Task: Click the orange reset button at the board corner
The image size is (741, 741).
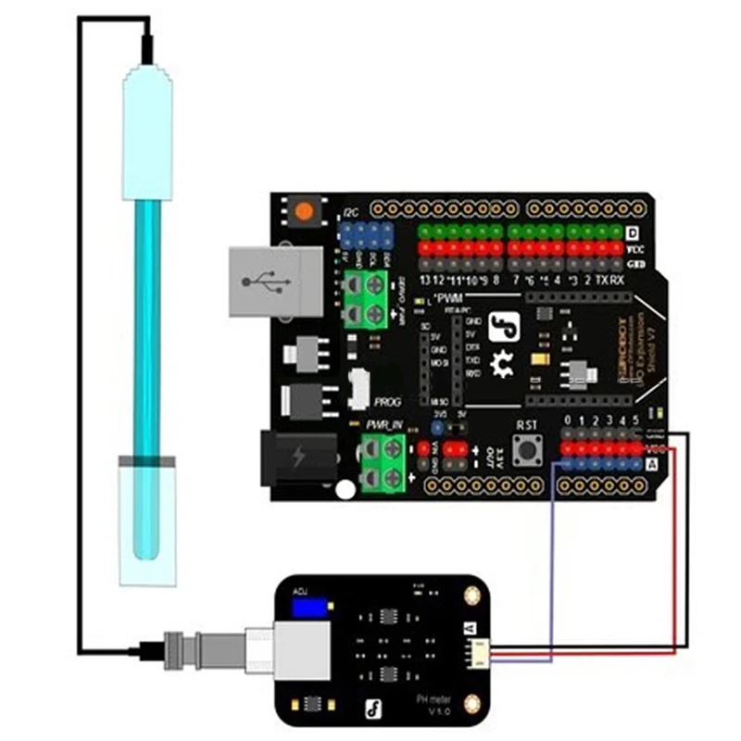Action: coord(303,212)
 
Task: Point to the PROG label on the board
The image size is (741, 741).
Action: coord(387,402)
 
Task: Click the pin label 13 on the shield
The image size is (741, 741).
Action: coord(425,279)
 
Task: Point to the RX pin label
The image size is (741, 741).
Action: coord(616,280)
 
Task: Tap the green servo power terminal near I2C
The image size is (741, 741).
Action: coord(365,299)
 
